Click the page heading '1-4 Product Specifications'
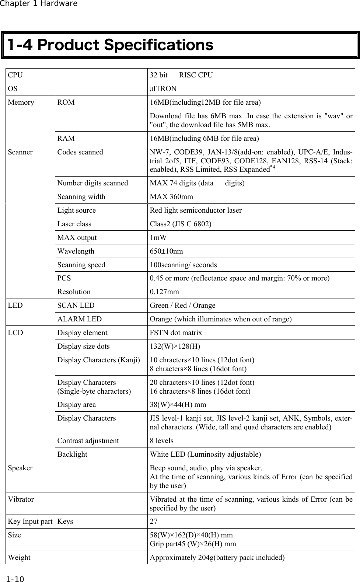coord(111,45)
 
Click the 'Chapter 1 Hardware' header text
coord(39,4)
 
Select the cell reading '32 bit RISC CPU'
coord(181,75)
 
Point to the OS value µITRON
coord(163,89)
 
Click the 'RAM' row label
coord(66,139)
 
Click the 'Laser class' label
coord(74,224)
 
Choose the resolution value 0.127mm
coord(164,292)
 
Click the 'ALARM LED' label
coord(79,319)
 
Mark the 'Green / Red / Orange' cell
coord(182,306)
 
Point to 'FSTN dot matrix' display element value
coord(176,333)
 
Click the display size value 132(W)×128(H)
coord(175,346)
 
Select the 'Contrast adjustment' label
coord(88,441)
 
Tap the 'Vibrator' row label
coord(21,499)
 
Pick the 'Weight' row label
coord(19,558)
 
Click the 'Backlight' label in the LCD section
coord(72,454)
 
